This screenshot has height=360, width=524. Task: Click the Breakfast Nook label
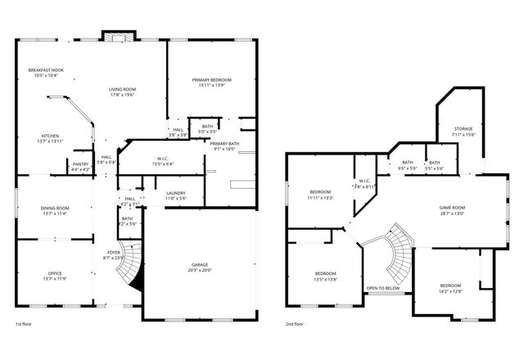[x=46, y=70]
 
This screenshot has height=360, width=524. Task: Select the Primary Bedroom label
[x=212, y=79]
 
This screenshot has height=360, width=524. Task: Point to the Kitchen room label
[x=50, y=136]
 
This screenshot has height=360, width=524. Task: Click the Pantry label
[x=80, y=164]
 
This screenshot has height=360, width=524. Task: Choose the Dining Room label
[x=55, y=209]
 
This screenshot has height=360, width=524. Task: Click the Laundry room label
[x=176, y=193]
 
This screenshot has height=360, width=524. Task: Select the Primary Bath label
[x=224, y=143]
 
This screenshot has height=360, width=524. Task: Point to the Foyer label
[x=113, y=253]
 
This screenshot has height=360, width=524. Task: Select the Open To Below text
[x=382, y=288]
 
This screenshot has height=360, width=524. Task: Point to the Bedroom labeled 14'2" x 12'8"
[x=450, y=286]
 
